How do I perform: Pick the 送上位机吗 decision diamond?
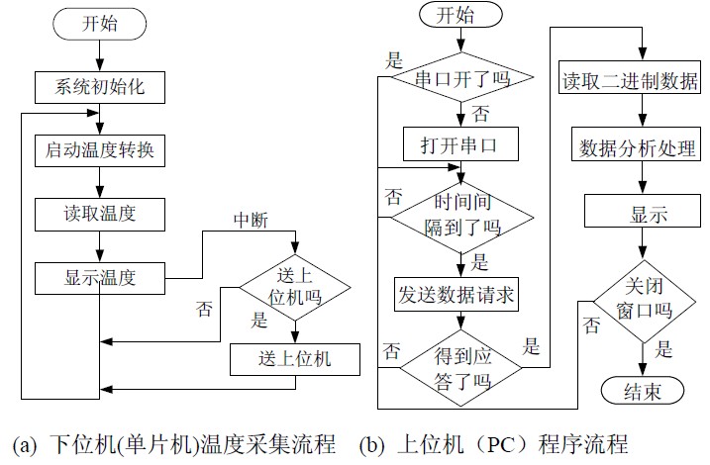295,286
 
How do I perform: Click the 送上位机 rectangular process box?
295,359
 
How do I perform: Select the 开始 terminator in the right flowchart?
459,16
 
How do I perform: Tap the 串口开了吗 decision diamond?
460,79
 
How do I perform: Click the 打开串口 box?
460,145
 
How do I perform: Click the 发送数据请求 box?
460,296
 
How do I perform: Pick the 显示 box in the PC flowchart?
643,213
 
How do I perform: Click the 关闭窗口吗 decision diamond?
645,294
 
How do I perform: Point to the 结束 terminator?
645,390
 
